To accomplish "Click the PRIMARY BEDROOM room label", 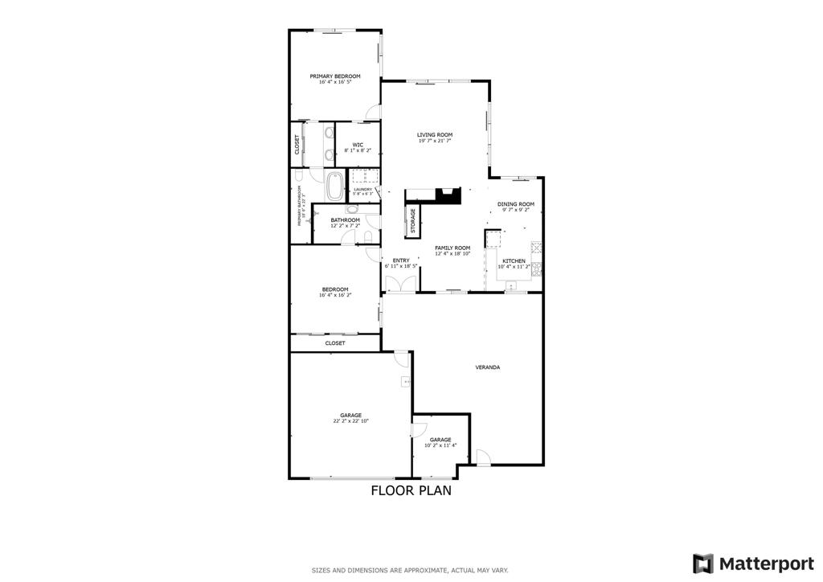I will pos(335,76).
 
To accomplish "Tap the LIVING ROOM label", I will pos(434,135).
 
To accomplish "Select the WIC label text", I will pos(358,145).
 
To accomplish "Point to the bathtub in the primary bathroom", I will pos(334,186).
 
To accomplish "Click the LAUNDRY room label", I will pos(363,190).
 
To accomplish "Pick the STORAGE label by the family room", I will pos(413,222).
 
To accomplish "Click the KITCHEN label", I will pos(514,261).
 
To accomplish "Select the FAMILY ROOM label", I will pos(452,248).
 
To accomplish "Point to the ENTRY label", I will pos(401,260).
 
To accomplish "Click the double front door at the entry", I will pos(401,284).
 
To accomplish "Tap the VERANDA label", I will pos(488,367).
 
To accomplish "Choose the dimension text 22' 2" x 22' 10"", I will pos(350,421).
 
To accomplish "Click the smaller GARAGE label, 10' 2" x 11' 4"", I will pos(440,440).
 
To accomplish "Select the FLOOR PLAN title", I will pos(411,490).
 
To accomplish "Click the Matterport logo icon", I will pos(703,563).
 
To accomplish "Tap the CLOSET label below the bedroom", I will pos(335,343).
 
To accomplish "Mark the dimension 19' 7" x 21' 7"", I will pos(434,141).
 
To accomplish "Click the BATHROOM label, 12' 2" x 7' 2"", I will pos(345,220).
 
